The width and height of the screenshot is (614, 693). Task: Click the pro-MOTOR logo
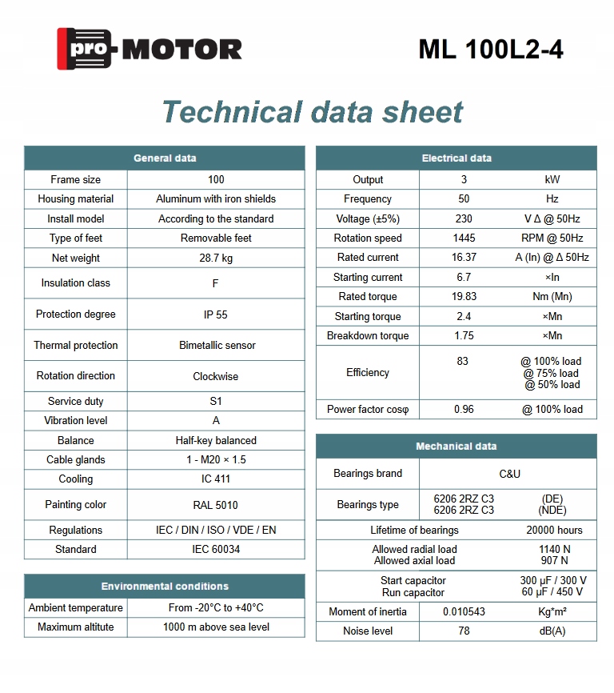pyautogui.click(x=150, y=49)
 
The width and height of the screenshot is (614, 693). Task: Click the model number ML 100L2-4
pyautogui.click(x=491, y=50)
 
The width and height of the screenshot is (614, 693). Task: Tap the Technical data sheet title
pyautogui.click(x=313, y=111)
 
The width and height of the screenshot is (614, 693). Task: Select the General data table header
pyautogui.click(x=165, y=158)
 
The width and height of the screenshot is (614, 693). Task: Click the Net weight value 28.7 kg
pyautogui.click(x=216, y=258)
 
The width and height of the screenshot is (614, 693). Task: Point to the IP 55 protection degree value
pyautogui.click(x=216, y=314)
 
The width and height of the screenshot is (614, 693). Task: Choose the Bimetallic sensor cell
pyautogui.click(x=216, y=346)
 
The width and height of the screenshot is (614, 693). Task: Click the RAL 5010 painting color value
pyautogui.click(x=216, y=505)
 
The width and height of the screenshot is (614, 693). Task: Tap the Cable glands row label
pyautogui.click(x=76, y=460)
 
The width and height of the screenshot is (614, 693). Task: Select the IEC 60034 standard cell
pyautogui.click(x=216, y=550)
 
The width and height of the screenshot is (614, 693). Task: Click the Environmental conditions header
pyautogui.click(x=165, y=587)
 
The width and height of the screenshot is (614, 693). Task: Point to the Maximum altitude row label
pyautogui.click(x=76, y=627)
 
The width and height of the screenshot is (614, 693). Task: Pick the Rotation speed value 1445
pyautogui.click(x=464, y=238)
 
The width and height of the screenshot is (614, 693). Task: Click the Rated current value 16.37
pyautogui.click(x=464, y=258)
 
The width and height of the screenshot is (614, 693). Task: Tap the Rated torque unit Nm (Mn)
pyautogui.click(x=552, y=297)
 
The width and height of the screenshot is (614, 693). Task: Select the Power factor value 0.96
pyautogui.click(x=464, y=410)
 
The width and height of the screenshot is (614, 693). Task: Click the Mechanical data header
pyautogui.click(x=457, y=447)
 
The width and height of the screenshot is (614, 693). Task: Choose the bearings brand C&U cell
pyautogui.click(x=509, y=474)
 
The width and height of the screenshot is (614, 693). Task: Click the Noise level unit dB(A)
pyautogui.click(x=552, y=631)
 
